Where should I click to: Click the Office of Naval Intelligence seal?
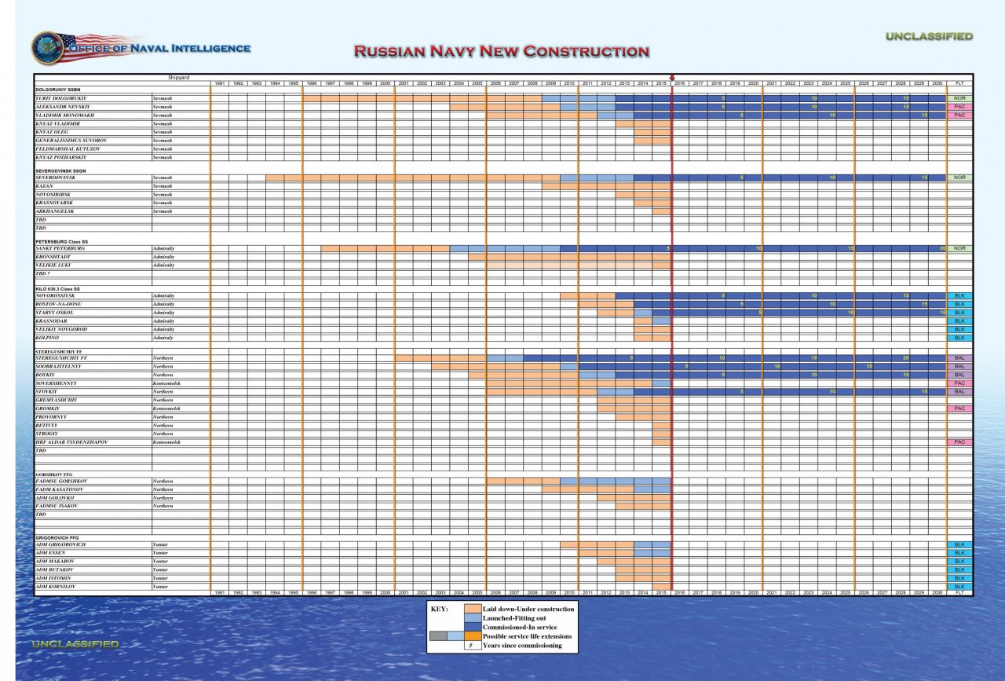47,48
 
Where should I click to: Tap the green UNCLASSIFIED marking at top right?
929,36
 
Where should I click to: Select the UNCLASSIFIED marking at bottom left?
75,644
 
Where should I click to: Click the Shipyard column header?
179,77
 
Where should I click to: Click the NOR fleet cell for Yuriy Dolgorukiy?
959,98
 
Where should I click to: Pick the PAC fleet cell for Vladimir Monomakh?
959,115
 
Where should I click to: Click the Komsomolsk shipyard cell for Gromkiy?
166,408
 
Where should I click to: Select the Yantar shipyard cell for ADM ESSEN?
160,553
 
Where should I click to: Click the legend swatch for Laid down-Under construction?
472,609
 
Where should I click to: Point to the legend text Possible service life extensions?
528,636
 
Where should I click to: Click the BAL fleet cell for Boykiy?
959,375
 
